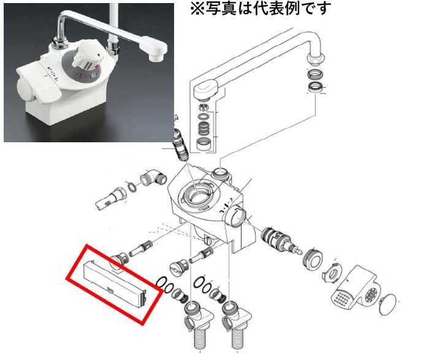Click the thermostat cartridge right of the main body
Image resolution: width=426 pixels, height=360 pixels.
(x=280, y=240)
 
